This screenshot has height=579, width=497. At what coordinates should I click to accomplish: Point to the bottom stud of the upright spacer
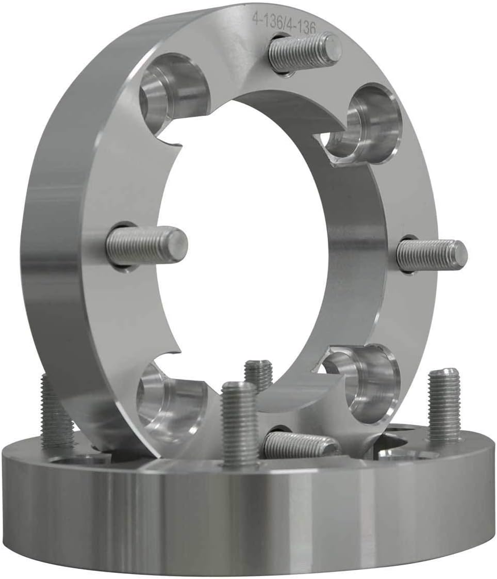tap(301, 444)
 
